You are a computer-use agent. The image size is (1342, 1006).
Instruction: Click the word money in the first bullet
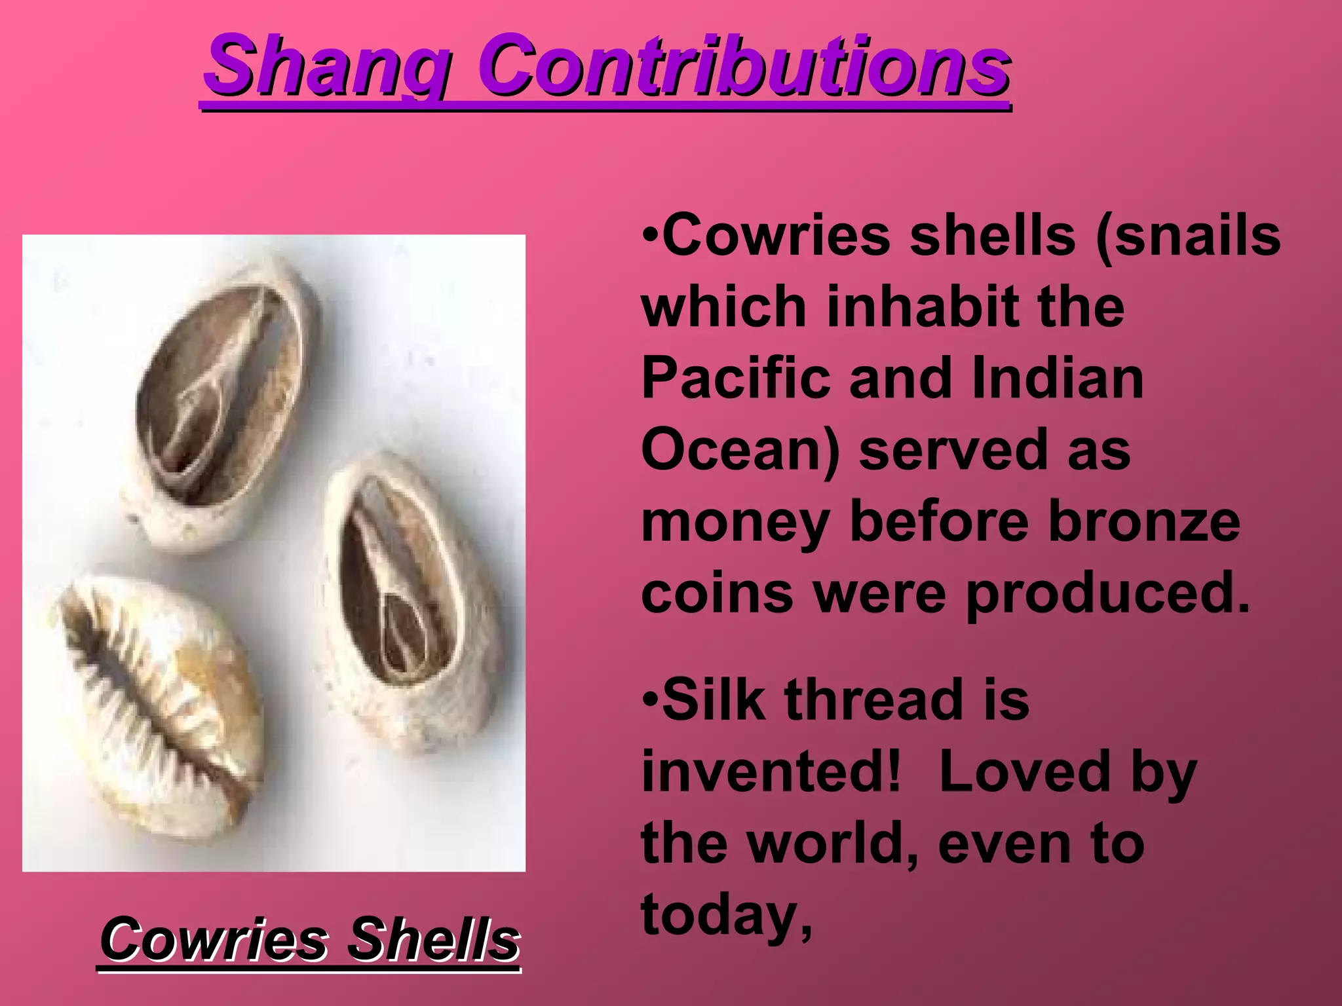(x=735, y=524)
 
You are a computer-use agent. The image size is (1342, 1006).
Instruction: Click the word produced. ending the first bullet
(x=1108, y=595)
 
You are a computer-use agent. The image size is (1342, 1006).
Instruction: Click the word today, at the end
(x=727, y=917)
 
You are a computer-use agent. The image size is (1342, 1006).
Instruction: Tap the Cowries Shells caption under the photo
(x=309, y=941)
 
